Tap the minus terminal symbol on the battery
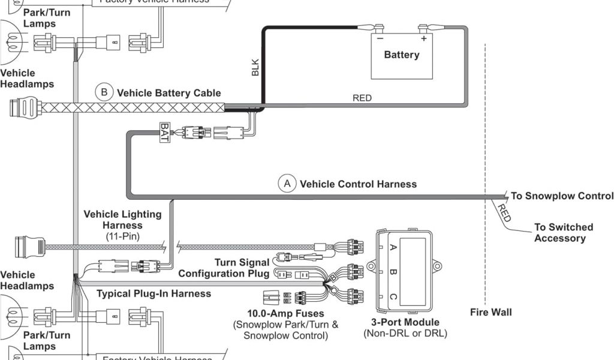pyautogui.click(x=379, y=38)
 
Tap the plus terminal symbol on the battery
pyautogui.click(x=423, y=38)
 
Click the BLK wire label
pyautogui.click(x=255, y=68)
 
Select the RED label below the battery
pyautogui.click(x=362, y=98)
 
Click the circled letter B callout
pyautogui.click(x=104, y=92)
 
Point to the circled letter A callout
pyautogui.click(x=287, y=184)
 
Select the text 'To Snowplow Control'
pyautogui.click(x=562, y=196)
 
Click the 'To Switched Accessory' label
pyautogui.click(x=563, y=233)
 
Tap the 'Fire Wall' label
pyautogui.click(x=491, y=312)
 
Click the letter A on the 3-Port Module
pyautogui.click(x=393, y=247)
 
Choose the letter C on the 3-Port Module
pyautogui.click(x=393, y=296)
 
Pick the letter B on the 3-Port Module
pyautogui.click(x=393, y=271)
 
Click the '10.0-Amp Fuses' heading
pyautogui.click(x=285, y=313)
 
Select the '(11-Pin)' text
pyautogui.click(x=122, y=236)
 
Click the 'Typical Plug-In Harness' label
pyautogui.click(x=153, y=293)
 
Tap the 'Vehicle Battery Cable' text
pyautogui.click(x=168, y=93)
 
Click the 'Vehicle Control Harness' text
pyautogui.click(x=358, y=184)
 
